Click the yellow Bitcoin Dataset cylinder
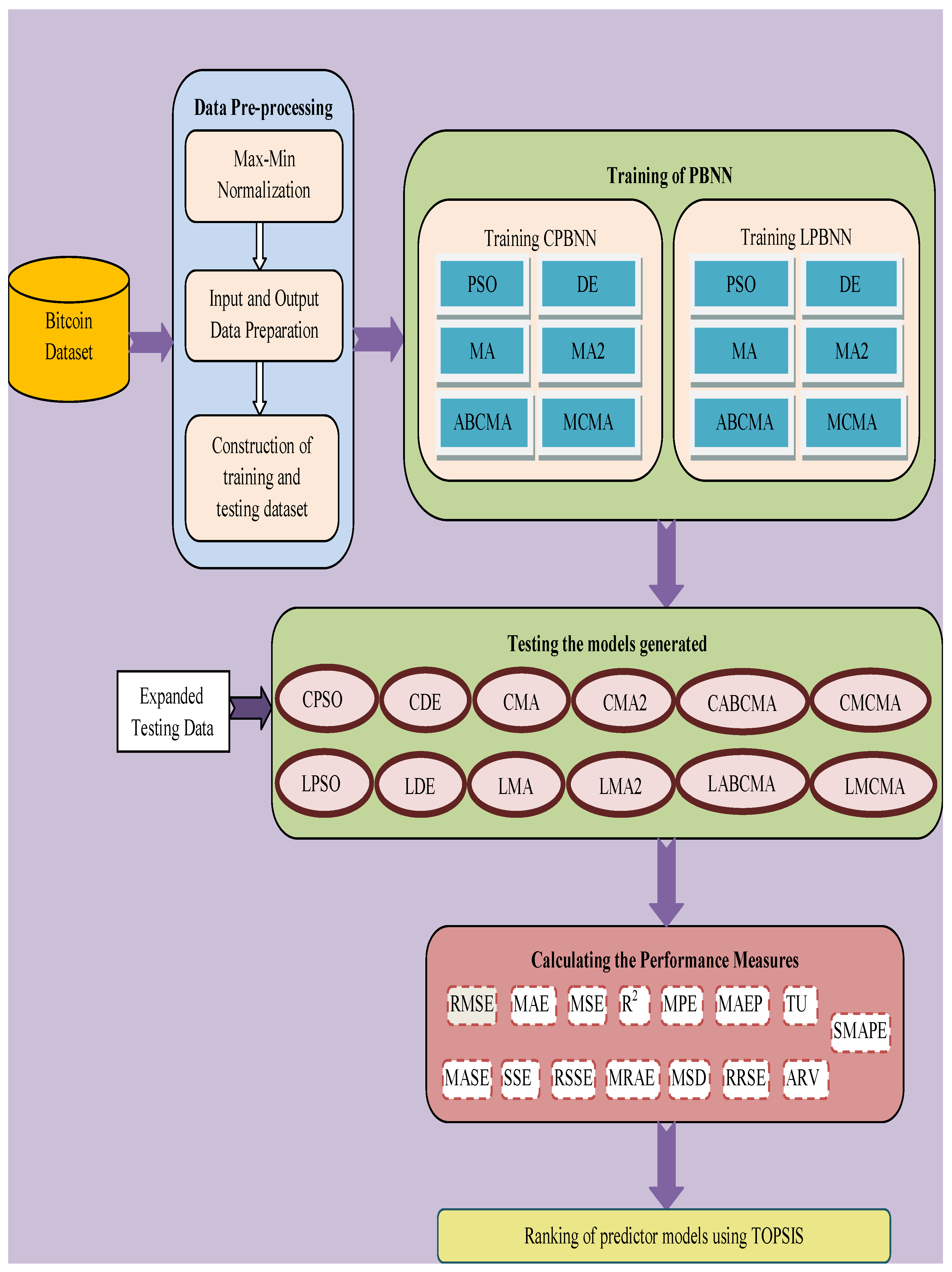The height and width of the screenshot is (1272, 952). point(69,336)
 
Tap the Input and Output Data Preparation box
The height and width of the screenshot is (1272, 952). point(264,315)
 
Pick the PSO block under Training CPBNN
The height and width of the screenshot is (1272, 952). point(482,284)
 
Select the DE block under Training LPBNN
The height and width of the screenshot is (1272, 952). point(850,284)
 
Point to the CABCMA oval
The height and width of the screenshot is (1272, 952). point(742,702)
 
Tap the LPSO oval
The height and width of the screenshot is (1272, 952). point(321,783)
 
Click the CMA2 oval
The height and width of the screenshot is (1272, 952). point(624,702)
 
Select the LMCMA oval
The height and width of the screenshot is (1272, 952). point(874,786)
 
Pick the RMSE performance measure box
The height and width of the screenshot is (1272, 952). point(471,1004)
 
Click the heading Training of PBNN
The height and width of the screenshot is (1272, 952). point(669,175)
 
